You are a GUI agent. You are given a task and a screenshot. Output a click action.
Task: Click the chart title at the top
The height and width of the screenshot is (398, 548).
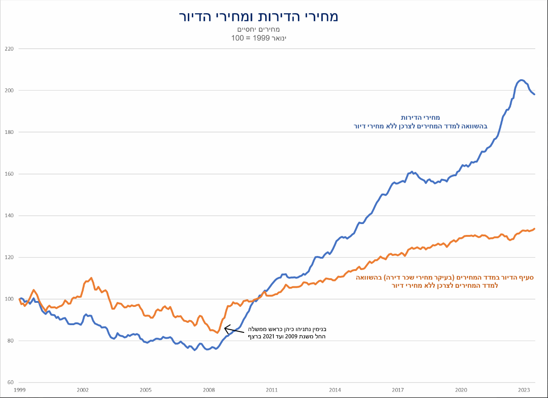tap(258, 16)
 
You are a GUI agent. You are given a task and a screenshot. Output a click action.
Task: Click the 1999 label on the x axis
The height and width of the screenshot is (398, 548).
tap(20, 390)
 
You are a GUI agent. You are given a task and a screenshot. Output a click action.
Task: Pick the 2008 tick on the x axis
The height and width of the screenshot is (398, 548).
tap(209, 390)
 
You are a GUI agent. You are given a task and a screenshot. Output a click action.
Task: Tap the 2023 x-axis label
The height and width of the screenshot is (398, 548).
tap(524, 390)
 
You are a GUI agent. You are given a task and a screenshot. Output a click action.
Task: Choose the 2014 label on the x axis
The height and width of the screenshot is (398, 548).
tap(335, 390)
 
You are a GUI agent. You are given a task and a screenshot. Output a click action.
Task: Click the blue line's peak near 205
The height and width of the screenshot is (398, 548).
tap(521, 80)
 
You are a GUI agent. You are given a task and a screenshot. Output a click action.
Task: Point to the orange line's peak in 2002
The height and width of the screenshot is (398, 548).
tap(91, 278)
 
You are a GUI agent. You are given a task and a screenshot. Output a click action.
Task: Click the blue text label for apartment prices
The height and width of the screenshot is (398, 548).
tap(420, 122)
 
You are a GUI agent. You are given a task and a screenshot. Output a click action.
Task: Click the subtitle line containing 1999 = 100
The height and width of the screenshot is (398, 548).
tap(258, 38)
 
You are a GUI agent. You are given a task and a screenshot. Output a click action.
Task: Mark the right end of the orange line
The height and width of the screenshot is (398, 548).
tap(534, 229)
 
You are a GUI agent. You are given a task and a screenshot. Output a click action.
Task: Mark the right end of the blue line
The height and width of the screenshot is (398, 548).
tap(535, 94)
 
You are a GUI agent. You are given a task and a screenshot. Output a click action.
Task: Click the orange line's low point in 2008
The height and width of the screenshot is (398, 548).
tap(217, 333)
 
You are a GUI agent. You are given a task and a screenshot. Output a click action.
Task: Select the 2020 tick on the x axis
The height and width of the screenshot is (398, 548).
tap(461, 390)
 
